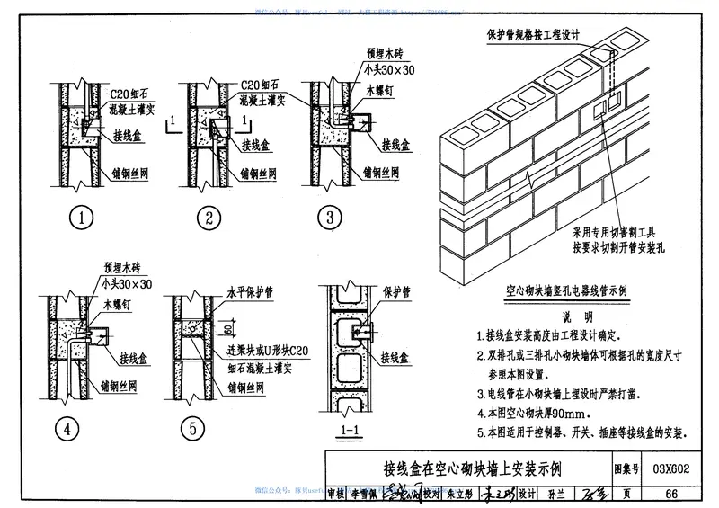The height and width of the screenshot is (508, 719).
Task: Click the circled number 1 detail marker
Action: click(x=83, y=217)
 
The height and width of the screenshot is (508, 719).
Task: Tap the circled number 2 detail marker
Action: click(x=209, y=217)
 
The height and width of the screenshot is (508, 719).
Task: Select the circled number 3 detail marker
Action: click(x=331, y=217)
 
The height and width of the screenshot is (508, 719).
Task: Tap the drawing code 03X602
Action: click(x=671, y=469)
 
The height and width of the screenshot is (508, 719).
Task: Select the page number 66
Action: click(x=671, y=493)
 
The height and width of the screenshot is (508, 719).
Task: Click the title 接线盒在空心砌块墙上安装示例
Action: click(x=462, y=469)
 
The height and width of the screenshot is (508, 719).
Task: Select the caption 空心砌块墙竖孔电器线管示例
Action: click(x=567, y=292)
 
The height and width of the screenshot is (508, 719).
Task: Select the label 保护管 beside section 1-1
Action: click(x=395, y=293)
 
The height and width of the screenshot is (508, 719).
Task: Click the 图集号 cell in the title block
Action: click(x=626, y=469)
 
